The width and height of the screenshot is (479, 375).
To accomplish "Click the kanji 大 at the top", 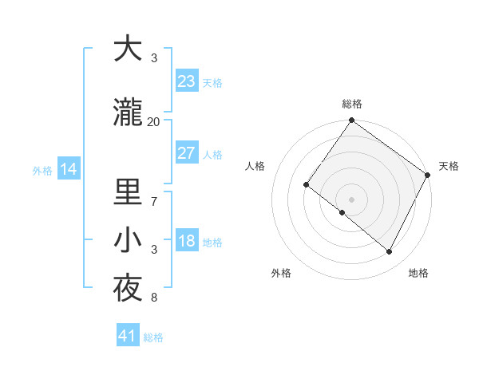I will (128, 49).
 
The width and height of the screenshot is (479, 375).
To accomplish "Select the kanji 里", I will (128, 191).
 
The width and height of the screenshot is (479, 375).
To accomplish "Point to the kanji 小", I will (128, 240).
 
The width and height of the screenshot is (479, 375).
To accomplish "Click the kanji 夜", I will (128, 289).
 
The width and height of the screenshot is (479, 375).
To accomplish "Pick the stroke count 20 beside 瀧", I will (154, 121).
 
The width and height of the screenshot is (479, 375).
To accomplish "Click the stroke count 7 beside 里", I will (154, 201).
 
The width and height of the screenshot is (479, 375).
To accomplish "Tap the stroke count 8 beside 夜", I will (154, 298).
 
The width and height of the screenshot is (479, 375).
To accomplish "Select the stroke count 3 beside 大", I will (154, 58).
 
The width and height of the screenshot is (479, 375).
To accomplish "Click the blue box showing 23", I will (186, 81).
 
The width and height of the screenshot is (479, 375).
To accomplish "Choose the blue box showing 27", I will (186, 153).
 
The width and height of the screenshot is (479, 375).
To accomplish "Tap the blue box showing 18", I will (186, 242).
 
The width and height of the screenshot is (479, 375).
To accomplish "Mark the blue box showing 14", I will (68, 169).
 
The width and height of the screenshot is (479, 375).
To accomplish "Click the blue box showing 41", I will (127, 336).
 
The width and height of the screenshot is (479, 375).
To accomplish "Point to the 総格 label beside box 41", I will (153, 337).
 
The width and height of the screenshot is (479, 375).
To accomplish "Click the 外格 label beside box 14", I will (42, 170).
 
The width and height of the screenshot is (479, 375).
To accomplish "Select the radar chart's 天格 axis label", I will (449, 166).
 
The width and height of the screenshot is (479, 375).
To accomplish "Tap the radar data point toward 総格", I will (351, 121).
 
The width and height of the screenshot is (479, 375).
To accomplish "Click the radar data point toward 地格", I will (390, 252).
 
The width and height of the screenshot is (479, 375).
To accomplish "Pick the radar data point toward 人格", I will (306, 184).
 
